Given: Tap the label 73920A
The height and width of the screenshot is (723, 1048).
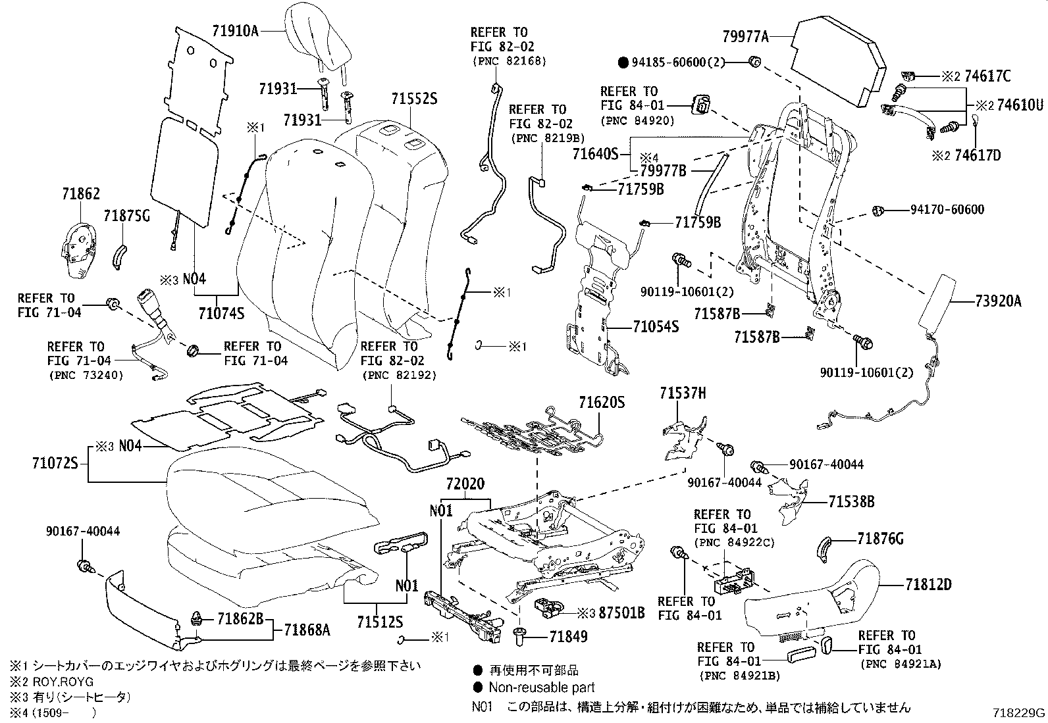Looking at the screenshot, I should (x=998, y=301).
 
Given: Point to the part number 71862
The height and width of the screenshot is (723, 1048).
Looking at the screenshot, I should (x=81, y=194).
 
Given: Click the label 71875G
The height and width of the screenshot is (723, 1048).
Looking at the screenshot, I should (x=126, y=216).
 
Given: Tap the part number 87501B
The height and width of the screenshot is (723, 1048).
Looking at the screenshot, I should (x=621, y=613).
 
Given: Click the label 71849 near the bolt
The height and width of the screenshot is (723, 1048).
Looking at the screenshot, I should (x=568, y=636).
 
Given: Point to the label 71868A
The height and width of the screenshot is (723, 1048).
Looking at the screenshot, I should (x=306, y=630).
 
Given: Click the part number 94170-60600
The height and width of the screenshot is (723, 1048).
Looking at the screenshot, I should (x=947, y=210).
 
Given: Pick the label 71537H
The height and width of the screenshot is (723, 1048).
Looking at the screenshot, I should (x=683, y=393).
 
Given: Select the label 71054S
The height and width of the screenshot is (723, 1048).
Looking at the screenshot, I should (x=656, y=326).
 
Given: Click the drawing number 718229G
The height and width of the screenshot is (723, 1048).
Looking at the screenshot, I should (x=1019, y=713).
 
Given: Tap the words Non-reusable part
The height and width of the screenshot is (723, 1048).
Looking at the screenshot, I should (x=541, y=687).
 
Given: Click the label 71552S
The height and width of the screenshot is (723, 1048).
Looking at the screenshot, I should (x=414, y=99).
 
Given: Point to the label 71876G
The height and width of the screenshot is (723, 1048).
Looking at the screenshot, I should (x=880, y=539).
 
